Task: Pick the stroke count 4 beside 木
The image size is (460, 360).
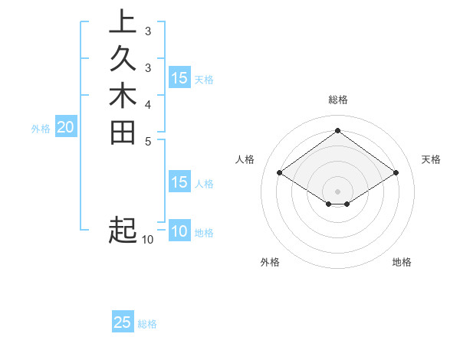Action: [147, 103]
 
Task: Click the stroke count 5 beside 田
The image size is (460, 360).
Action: [147, 140]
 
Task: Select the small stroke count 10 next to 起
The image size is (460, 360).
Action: [147, 240]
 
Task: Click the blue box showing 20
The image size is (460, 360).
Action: [65, 128]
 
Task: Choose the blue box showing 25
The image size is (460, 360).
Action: [123, 322]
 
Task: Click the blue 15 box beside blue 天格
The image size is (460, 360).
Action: [179, 78]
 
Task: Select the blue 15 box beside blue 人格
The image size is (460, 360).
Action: [179, 182]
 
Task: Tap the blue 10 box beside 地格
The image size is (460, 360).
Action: [179, 231]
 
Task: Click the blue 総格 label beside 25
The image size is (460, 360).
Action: [147, 324]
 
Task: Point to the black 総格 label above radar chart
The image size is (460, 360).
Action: [338, 100]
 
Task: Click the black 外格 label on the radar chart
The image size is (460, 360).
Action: [270, 263]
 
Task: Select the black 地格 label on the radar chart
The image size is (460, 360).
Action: [402, 263]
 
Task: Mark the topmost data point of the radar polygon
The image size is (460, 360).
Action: [338, 131]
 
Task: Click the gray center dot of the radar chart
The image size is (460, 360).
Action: [338, 190]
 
